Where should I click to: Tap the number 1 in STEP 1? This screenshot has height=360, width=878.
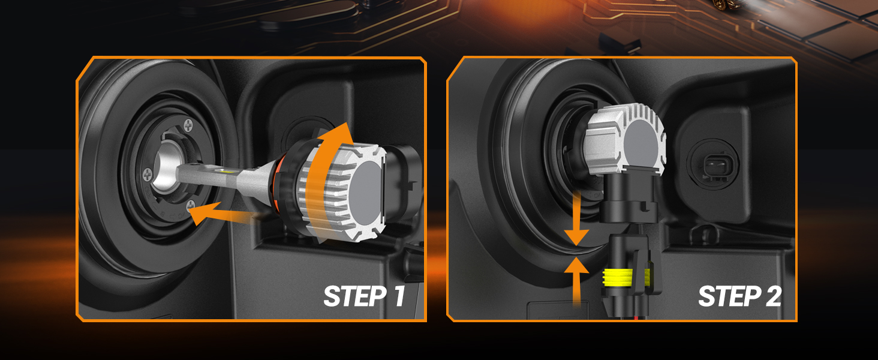pyautogui.click(x=399, y=296)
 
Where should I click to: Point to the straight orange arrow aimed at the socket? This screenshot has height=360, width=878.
pyautogui.click(x=224, y=214)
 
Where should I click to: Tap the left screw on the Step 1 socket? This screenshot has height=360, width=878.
pyautogui.click(x=147, y=175)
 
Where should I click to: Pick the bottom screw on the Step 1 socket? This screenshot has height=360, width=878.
pyautogui.click(x=191, y=205)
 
